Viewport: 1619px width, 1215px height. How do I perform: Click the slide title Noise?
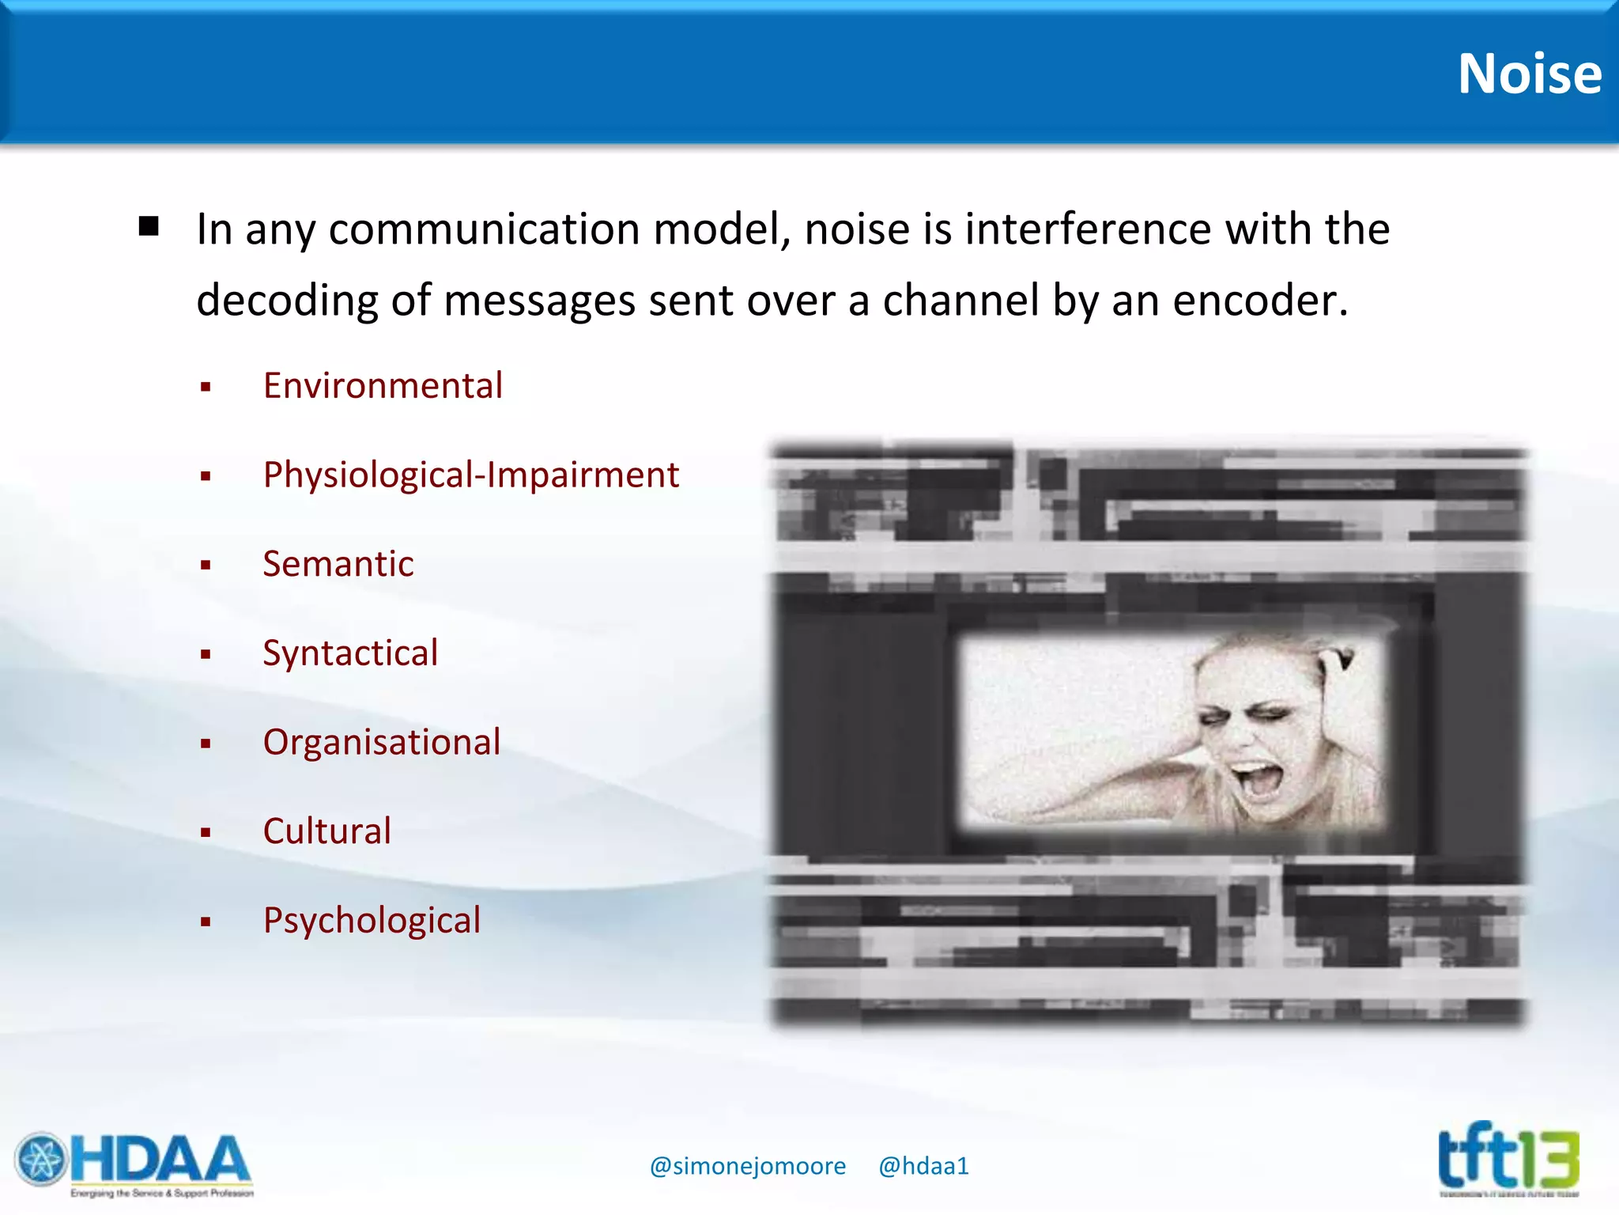(1529, 74)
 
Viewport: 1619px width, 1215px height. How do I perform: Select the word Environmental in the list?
(383, 386)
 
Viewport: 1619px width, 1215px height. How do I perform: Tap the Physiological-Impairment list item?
(471, 475)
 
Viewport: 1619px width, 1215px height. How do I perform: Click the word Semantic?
(338, 565)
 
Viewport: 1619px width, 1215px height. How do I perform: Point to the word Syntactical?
(350, 654)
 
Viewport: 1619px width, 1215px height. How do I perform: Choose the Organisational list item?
(382, 743)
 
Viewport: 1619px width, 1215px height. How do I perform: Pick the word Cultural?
(327, 832)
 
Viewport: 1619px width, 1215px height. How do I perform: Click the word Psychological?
(372, 921)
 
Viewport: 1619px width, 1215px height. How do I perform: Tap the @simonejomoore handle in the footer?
(747, 1166)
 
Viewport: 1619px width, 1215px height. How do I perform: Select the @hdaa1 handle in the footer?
(923, 1166)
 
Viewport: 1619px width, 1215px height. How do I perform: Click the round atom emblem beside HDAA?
(41, 1160)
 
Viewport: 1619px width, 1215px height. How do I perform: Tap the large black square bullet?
(149, 227)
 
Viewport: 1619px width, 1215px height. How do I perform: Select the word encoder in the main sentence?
(1260, 301)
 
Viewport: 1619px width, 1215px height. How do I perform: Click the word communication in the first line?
(484, 230)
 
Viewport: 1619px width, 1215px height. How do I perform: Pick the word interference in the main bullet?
(1088, 230)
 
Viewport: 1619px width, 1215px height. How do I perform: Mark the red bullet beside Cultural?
(206, 833)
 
